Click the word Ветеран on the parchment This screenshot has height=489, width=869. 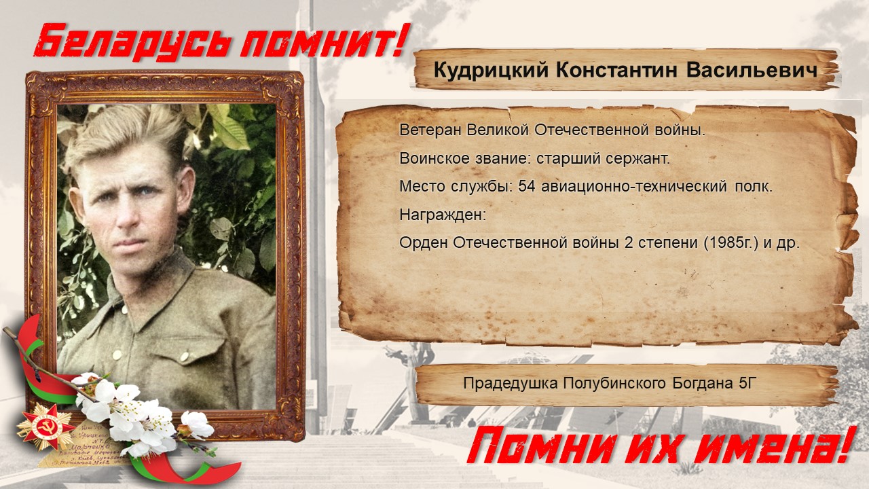click(430, 130)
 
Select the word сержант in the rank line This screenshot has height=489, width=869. click(638, 159)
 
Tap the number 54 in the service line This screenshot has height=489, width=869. click(527, 186)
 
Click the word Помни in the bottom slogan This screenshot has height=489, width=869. click(542, 450)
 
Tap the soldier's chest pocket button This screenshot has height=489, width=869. click(184, 355)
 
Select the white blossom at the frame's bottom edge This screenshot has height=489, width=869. click(197, 425)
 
